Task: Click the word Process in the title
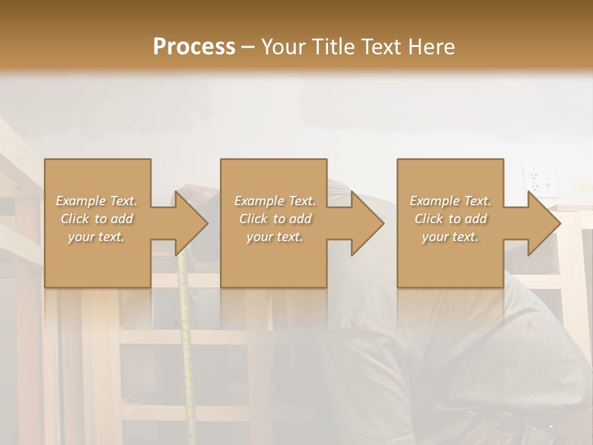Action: coord(194,47)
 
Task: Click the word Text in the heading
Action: coord(381,47)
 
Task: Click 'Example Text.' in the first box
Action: coord(97,201)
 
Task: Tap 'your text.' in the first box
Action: coord(97,237)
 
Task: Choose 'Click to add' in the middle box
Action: coord(275,219)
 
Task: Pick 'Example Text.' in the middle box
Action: coord(275,201)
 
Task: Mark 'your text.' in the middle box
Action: coord(275,237)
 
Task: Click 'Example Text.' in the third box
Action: coord(450,201)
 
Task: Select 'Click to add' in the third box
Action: coord(450,219)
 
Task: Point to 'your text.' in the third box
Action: coord(450,237)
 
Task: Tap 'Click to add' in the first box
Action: coord(97,219)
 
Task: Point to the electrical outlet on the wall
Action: coord(535,180)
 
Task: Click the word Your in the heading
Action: coord(282,47)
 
